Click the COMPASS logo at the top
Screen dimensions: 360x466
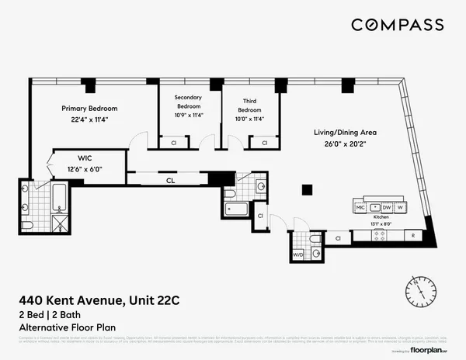(x=398, y=25)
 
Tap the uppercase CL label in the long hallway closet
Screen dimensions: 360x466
(x=169, y=182)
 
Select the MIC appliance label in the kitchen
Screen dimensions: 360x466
(x=360, y=208)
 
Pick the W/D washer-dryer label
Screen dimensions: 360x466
(x=297, y=254)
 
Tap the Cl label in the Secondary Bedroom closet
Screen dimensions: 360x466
(x=173, y=143)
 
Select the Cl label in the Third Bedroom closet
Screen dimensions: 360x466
(x=265, y=143)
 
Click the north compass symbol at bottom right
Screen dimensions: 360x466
(x=423, y=292)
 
